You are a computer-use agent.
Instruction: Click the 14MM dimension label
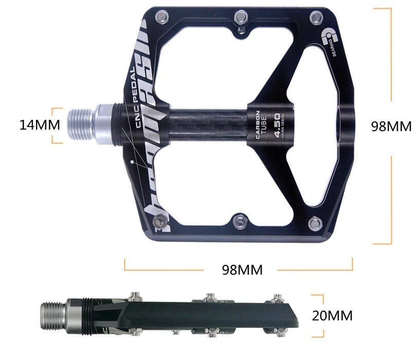40,125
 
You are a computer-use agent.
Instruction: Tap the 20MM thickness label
332,315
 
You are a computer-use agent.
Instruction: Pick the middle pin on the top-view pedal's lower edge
238,221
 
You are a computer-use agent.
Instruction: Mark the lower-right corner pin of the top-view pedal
314,222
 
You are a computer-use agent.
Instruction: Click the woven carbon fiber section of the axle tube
206,125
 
